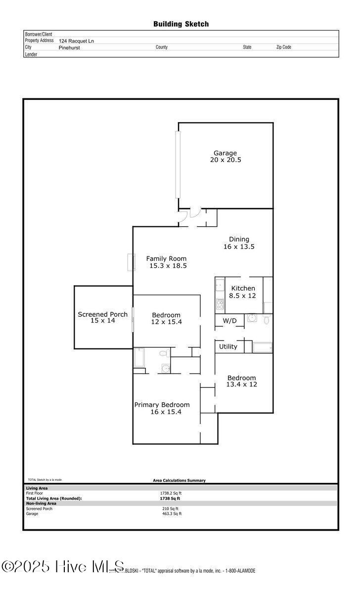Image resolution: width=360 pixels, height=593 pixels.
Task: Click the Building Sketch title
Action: click(180, 24)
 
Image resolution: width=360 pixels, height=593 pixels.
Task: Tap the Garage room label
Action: click(225, 153)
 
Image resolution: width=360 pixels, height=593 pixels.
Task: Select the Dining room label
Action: click(239, 240)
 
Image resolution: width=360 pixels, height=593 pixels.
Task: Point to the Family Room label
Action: click(166, 258)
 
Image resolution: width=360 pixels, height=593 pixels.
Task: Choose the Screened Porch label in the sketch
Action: click(102, 314)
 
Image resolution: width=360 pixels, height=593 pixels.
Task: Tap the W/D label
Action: click(229, 321)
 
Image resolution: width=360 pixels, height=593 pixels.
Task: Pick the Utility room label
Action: click(228, 347)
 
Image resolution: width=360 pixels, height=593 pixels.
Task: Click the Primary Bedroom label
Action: click(162, 405)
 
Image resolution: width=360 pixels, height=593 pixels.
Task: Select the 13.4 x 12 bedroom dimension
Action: click(242, 384)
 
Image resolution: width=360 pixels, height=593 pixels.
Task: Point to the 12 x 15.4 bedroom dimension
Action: click(166, 322)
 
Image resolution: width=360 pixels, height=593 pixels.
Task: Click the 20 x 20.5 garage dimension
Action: click(225, 160)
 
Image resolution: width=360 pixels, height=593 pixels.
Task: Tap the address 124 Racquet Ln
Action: click(76, 41)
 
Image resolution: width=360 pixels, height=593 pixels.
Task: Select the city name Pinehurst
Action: click(70, 47)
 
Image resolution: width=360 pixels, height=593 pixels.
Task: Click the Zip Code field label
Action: click(283, 47)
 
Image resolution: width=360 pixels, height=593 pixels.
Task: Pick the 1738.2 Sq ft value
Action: click(171, 493)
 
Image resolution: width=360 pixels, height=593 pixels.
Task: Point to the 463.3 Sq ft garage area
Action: click(172, 514)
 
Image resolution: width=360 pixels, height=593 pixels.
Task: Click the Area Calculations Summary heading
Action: click(179, 480)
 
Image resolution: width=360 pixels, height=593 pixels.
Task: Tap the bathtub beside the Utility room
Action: click(263, 347)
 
